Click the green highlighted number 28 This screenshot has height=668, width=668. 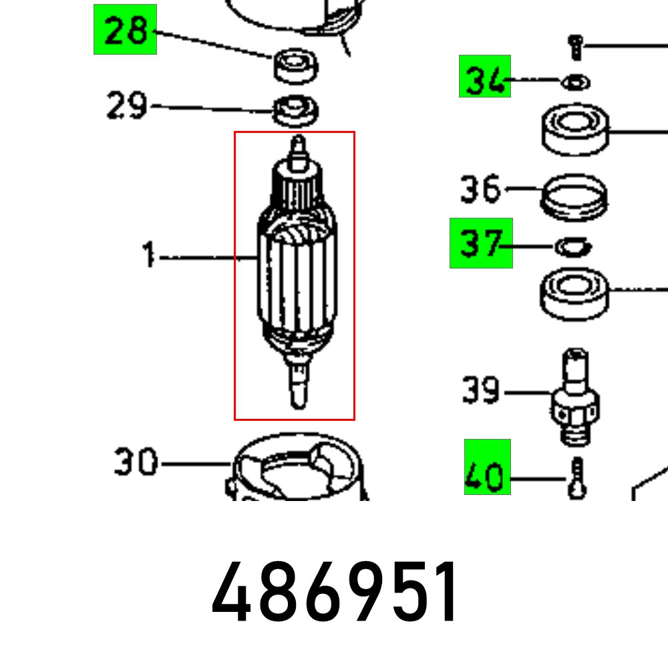point(125,29)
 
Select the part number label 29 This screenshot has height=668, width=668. point(127,106)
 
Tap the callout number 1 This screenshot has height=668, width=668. point(149,256)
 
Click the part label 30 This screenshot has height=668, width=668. point(136,462)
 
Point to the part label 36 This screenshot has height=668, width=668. point(480,189)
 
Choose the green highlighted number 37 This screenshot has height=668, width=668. point(481,243)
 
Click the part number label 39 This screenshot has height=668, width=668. point(481,389)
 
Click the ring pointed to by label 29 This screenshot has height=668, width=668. point(295,110)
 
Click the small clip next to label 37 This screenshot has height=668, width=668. point(572,246)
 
